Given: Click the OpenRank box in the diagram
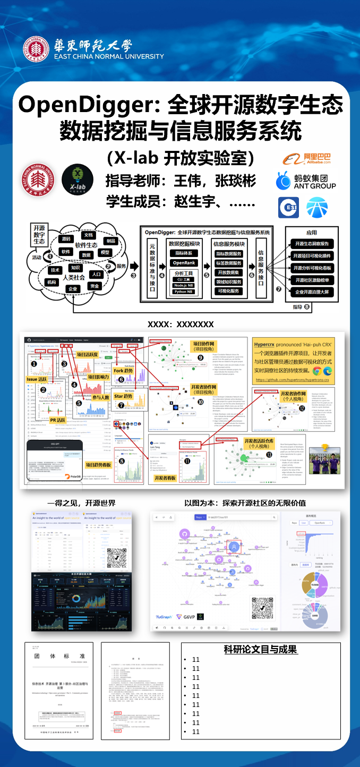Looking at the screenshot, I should point(184,263).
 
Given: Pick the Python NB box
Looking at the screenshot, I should point(184,292).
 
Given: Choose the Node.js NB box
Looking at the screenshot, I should point(184,285).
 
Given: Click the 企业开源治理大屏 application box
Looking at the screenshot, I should point(312,292).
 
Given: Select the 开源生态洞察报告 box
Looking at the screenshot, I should point(312,244).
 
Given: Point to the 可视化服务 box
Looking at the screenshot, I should point(228,291).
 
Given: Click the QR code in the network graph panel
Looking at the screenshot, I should point(261,607).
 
